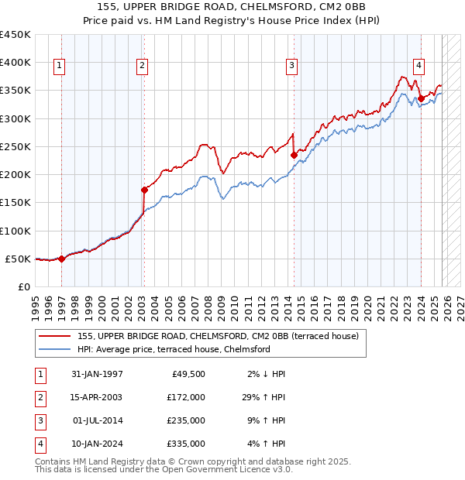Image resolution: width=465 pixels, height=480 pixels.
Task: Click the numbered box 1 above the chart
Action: click(x=60, y=67)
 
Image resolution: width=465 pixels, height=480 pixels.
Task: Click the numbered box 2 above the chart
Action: click(x=143, y=67)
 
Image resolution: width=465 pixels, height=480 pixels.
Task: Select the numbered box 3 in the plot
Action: click(x=291, y=67)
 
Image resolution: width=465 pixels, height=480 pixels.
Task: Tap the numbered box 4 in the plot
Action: click(x=418, y=67)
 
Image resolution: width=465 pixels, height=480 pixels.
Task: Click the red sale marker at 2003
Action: click(x=144, y=190)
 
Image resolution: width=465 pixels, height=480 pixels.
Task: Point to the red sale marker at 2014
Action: click(x=294, y=155)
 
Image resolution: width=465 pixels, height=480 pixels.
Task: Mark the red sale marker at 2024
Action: click(x=420, y=98)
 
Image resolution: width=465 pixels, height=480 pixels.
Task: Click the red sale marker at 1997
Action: click(x=62, y=259)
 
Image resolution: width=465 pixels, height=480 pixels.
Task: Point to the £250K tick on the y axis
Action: click(x=15, y=146)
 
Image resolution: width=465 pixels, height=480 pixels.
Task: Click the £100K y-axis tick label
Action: click(x=15, y=231)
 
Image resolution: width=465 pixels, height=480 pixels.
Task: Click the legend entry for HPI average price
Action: click(x=173, y=350)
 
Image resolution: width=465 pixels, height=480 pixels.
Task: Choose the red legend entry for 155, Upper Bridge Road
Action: click(x=217, y=337)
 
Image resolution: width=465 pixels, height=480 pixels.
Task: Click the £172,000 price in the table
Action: click(x=186, y=397)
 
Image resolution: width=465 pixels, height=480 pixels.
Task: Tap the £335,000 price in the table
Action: click(x=186, y=444)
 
